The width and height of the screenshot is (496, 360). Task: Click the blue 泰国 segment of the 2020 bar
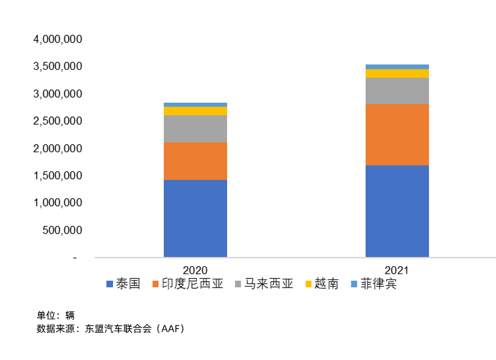coord(195,218)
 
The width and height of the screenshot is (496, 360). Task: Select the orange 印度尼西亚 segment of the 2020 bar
coord(195,161)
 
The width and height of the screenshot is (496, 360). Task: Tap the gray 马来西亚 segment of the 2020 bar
coord(195,128)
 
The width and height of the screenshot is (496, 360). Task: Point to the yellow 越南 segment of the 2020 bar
coord(195,111)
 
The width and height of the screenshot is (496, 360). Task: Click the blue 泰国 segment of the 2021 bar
coord(397,211)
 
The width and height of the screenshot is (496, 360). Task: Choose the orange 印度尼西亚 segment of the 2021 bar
coord(397,134)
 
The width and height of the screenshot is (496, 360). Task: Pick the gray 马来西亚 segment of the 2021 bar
coord(397,91)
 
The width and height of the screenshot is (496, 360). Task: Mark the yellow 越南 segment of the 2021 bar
coord(397,73)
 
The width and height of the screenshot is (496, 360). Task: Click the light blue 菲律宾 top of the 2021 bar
coord(397,67)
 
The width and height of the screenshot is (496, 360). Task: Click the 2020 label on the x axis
coord(195,269)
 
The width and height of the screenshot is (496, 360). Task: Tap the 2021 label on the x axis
coord(397,269)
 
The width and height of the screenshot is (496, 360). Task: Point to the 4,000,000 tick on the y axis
coord(58,39)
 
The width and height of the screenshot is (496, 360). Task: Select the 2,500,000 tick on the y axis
coord(58,121)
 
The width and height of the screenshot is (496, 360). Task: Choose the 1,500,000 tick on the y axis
coord(58,176)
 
